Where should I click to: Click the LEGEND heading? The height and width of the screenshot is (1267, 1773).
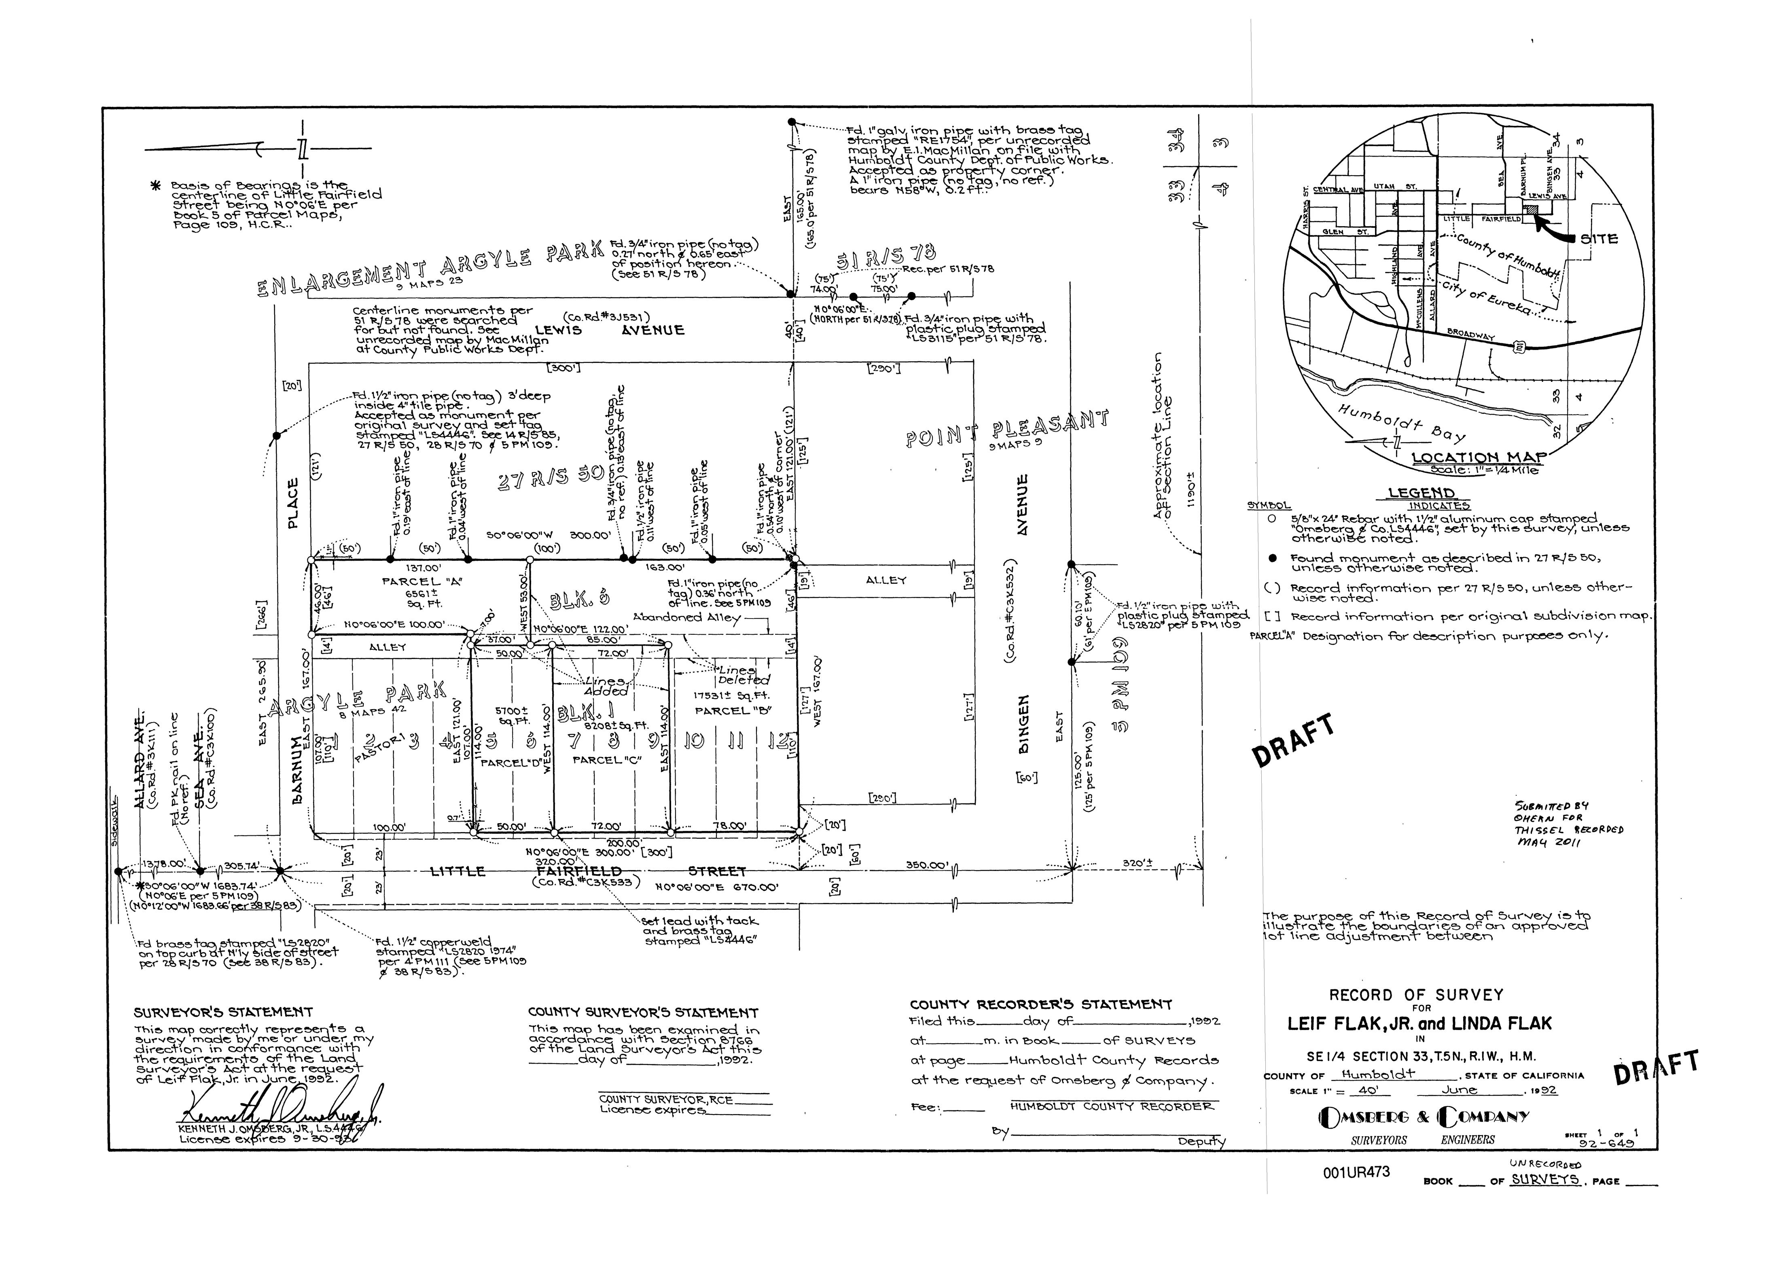click(x=1421, y=493)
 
